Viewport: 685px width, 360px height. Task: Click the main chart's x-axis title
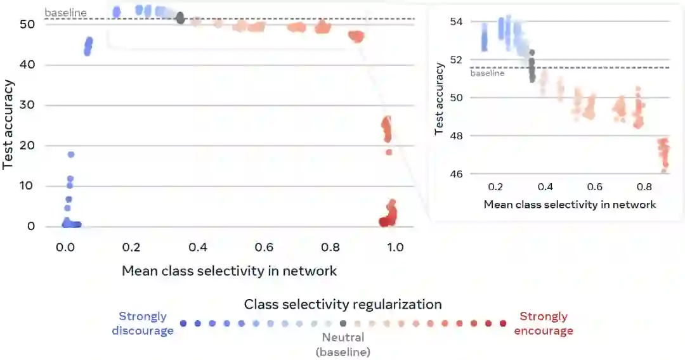(x=229, y=271)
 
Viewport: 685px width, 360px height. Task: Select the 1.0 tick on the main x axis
(x=395, y=247)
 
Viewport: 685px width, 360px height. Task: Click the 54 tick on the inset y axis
(x=457, y=22)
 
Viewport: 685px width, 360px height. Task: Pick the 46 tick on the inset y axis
(x=457, y=174)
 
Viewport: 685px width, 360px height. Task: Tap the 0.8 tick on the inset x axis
(x=644, y=188)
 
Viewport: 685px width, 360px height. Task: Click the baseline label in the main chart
(x=65, y=13)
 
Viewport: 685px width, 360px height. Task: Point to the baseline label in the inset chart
(x=487, y=74)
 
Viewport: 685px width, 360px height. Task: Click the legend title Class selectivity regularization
(x=342, y=304)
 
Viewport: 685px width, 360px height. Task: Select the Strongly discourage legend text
(x=143, y=323)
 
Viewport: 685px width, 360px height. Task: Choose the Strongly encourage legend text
(x=544, y=323)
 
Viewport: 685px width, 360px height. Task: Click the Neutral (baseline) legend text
(x=343, y=344)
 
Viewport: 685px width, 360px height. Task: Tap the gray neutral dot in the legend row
(x=343, y=323)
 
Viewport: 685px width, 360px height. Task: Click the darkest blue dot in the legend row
(x=183, y=323)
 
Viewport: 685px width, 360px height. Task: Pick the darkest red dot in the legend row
(x=503, y=323)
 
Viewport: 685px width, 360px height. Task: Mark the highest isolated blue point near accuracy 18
(x=71, y=154)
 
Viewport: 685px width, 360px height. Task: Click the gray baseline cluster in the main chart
(x=180, y=18)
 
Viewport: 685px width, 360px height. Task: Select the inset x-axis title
(x=570, y=205)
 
